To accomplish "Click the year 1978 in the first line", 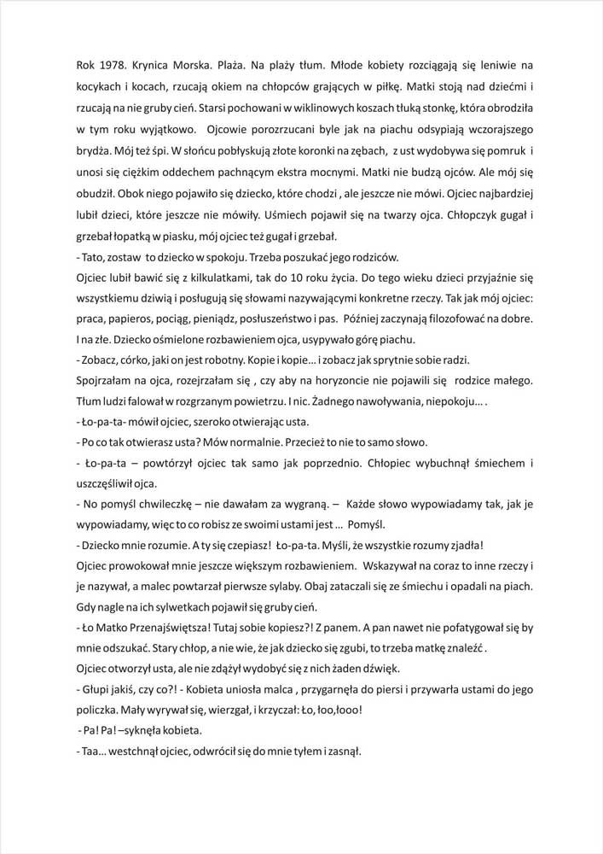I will click(x=113, y=64).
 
